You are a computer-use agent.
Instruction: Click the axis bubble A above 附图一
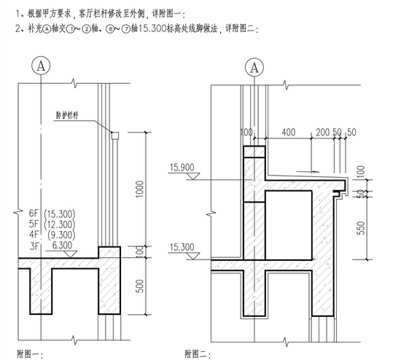coord(41,66)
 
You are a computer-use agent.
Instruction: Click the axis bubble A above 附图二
coord(254,67)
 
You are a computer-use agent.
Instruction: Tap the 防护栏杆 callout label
coord(67,115)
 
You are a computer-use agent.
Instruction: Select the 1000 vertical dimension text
coord(140,189)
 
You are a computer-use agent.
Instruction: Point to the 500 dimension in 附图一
coord(140,286)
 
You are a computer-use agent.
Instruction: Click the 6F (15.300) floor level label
coord(52,214)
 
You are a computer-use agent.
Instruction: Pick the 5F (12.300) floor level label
coord(52,224)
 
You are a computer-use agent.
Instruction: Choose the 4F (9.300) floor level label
coord(52,235)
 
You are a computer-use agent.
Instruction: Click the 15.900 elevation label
coord(182,168)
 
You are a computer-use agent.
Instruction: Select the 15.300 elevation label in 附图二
coord(182,247)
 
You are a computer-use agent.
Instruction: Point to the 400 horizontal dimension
coord(289,132)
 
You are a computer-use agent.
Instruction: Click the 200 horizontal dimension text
coord(322,132)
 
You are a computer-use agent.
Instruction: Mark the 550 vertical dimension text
coord(361,228)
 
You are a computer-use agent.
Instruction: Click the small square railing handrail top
coord(115,136)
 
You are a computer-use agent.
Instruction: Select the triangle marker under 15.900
coord(193,176)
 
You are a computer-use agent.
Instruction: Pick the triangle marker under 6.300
coord(71,254)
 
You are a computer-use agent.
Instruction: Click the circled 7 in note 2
coord(126,29)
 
